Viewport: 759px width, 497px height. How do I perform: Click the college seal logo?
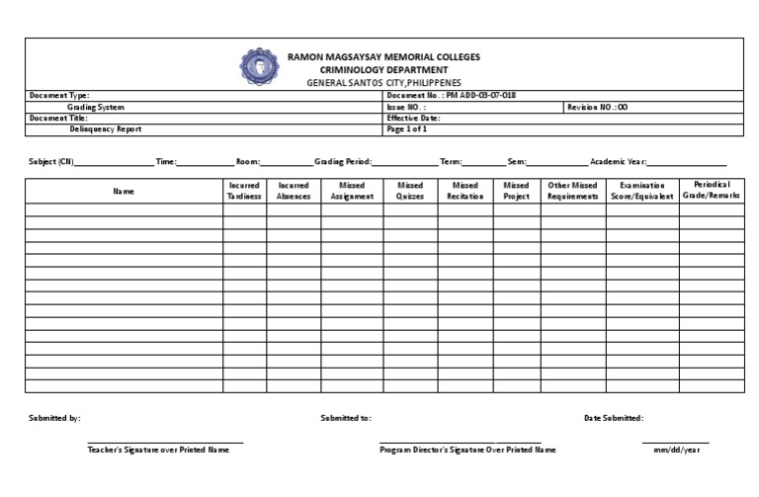pyautogui.click(x=260, y=65)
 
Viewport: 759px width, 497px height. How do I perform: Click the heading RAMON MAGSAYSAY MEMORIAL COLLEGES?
pyautogui.click(x=383, y=57)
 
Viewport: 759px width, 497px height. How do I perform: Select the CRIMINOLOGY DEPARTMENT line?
pyautogui.click(x=383, y=70)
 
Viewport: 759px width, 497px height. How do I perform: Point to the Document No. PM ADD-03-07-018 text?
pyautogui.click(x=451, y=95)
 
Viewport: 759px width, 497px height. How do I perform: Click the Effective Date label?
pyautogui.click(x=414, y=118)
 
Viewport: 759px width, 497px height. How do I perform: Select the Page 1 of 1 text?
pyautogui.click(x=407, y=128)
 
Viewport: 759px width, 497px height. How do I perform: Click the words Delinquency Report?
pyautogui.click(x=106, y=128)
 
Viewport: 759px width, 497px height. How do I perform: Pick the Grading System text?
pyautogui.click(x=96, y=107)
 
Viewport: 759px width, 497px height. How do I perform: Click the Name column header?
pyautogui.click(x=123, y=191)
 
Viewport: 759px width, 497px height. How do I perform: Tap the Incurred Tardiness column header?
pyautogui.click(x=244, y=191)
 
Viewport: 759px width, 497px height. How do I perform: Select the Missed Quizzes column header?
pyautogui.click(x=410, y=191)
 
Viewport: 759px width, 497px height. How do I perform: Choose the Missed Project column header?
pyautogui.click(x=516, y=191)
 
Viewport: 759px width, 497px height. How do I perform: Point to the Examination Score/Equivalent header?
pyautogui.click(x=642, y=191)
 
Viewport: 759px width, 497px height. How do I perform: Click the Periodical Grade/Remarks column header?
pyautogui.click(x=712, y=191)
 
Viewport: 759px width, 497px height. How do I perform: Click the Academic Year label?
pyautogui.click(x=618, y=161)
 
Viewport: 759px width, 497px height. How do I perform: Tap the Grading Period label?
pyautogui.click(x=343, y=161)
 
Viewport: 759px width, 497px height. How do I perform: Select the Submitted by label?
pyautogui.click(x=55, y=418)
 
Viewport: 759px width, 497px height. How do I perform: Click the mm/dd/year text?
pyautogui.click(x=675, y=450)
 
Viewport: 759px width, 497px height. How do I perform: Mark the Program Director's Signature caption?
pyautogui.click(x=467, y=450)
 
